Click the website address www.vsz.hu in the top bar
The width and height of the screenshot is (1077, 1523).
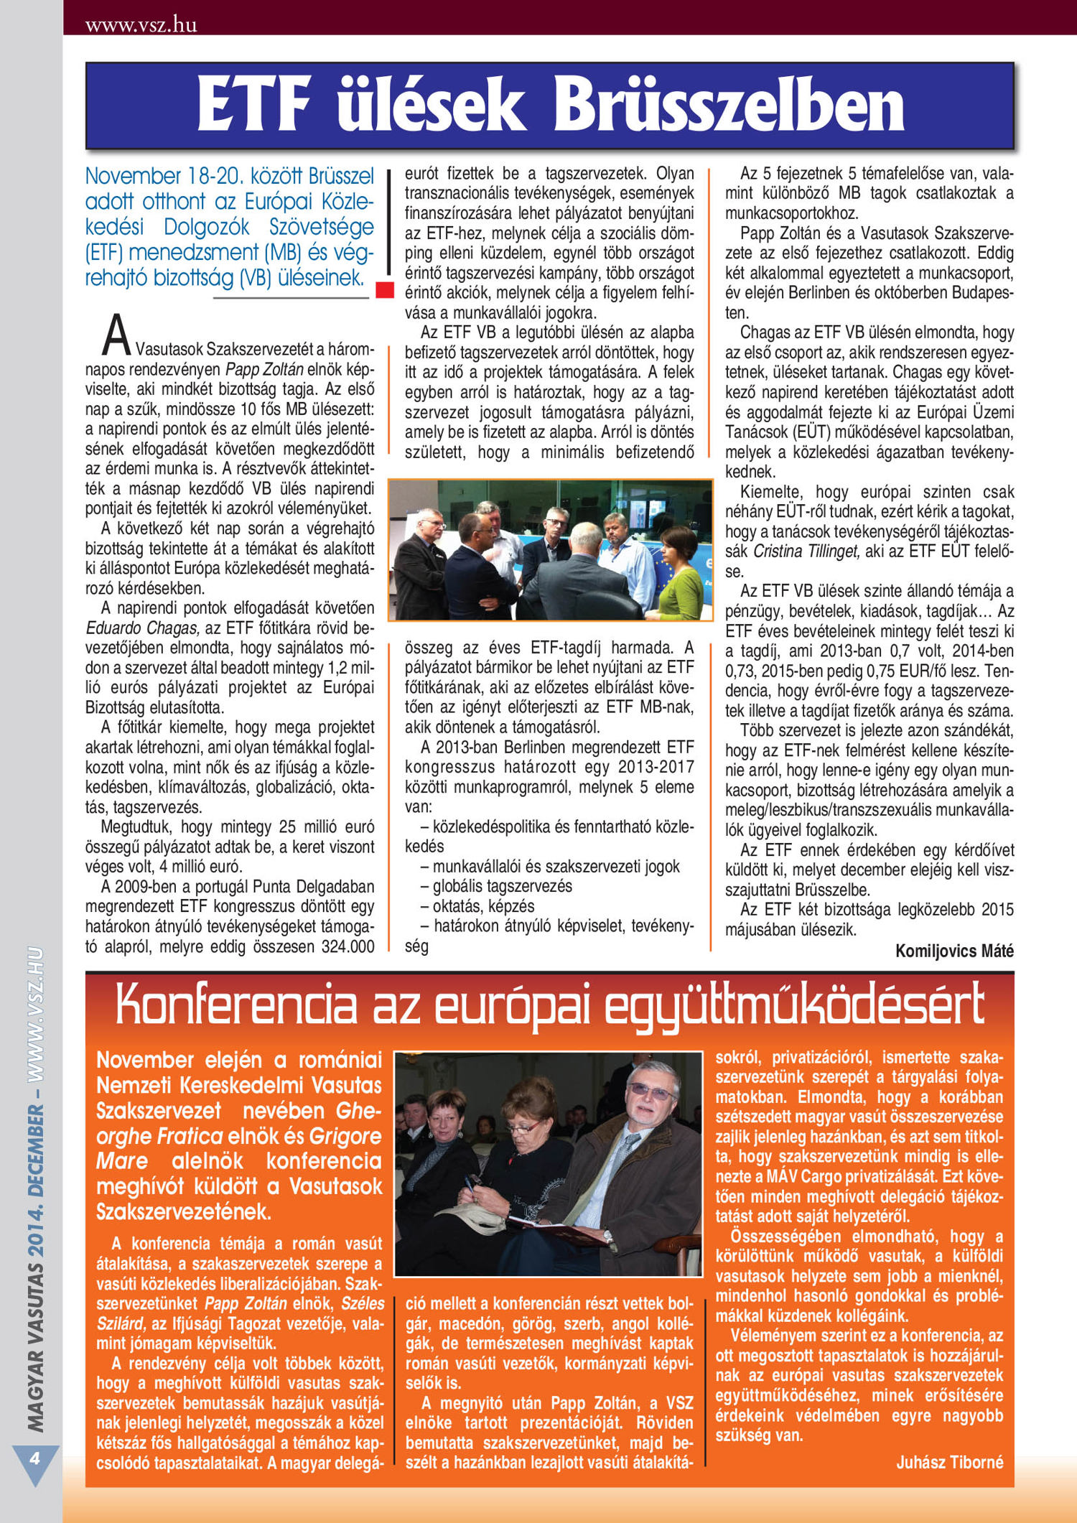(141, 25)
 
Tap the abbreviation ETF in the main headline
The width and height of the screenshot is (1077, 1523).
(253, 106)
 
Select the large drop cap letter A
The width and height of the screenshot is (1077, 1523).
(116, 336)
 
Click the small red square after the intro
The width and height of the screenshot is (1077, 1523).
(385, 289)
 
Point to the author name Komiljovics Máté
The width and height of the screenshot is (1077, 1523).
(954, 951)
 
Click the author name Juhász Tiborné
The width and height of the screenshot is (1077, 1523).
(949, 1462)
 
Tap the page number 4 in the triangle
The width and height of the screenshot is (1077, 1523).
(34, 1458)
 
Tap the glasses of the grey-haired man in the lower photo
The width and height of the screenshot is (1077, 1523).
(650, 1093)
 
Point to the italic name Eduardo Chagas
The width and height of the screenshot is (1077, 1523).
(142, 628)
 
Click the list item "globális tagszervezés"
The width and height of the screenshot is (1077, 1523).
(502, 886)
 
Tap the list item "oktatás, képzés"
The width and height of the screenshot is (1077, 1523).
(483, 906)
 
